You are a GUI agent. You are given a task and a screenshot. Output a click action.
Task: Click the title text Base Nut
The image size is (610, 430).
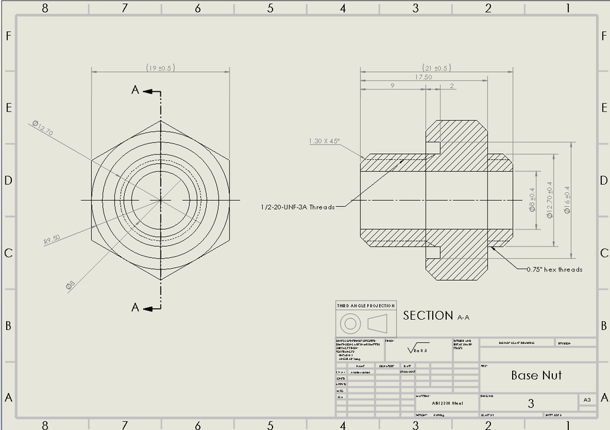[x=536, y=376]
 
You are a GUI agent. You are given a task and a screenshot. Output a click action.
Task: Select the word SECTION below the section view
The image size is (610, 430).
[x=427, y=316]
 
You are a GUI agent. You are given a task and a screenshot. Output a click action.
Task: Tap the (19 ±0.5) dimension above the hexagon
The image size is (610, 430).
[x=160, y=68]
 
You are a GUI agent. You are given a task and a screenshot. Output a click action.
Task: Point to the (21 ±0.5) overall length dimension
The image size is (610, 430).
[x=436, y=68]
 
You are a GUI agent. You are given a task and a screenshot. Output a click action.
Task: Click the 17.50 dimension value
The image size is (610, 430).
[x=423, y=77]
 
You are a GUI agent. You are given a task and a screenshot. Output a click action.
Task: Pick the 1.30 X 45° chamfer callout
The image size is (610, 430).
[x=324, y=141]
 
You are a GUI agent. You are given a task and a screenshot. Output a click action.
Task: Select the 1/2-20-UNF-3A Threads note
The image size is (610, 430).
[x=297, y=207]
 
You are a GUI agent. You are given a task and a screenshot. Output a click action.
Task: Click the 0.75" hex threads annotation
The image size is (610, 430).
[x=554, y=269]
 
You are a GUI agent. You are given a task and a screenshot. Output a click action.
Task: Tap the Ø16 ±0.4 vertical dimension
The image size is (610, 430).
[x=567, y=200]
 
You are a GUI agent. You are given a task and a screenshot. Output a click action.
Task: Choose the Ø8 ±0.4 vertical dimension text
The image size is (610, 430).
[x=532, y=200]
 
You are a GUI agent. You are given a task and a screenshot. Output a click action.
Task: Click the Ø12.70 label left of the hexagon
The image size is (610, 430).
[x=42, y=127]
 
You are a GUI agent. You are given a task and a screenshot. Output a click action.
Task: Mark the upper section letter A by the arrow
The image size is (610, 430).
[x=135, y=90]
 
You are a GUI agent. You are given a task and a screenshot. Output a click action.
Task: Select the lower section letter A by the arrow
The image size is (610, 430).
[x=135, y=308]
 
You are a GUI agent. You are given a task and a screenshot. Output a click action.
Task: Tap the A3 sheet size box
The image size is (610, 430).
[x=587, y=400]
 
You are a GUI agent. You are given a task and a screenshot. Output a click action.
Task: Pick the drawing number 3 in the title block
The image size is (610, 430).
[x=531, y=403]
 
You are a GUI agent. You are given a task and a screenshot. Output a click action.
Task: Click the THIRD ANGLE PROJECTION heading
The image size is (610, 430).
[x=366, y=306]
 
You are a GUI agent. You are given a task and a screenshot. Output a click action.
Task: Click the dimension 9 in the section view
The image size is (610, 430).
[x=392, y=86]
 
